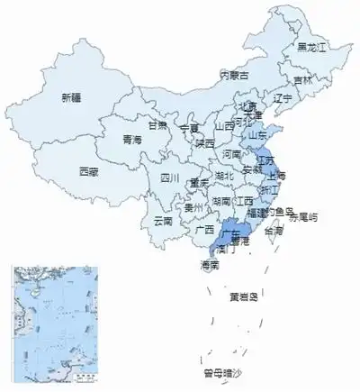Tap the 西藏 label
coord(88,170)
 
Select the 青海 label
coord(131,140)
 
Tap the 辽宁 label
coord(283,98)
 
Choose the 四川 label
coord(170,178)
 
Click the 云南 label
coord(163,220)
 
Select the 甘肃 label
coord(158,125)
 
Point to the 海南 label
coord(211,265)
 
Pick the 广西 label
coord(204,230)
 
